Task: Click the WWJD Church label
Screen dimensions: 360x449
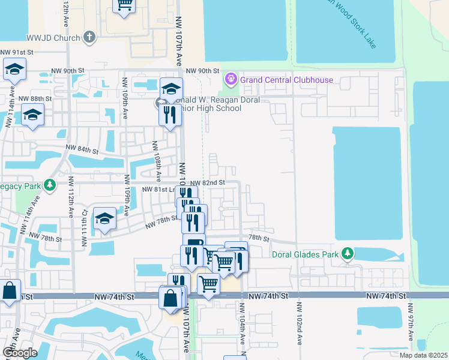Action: click(54, 38)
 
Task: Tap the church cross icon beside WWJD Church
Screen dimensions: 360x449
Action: click(89, 38)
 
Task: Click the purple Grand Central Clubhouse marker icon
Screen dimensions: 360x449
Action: click(230, 79)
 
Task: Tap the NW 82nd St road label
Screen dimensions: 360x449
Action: click(207, 182)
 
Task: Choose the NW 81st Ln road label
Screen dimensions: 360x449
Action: click(159, 190)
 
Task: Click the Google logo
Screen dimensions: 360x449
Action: click(19, 352)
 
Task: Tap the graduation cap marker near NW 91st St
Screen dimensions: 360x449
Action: click(14, 69)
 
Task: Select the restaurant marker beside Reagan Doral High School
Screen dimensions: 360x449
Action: click(170, 113)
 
